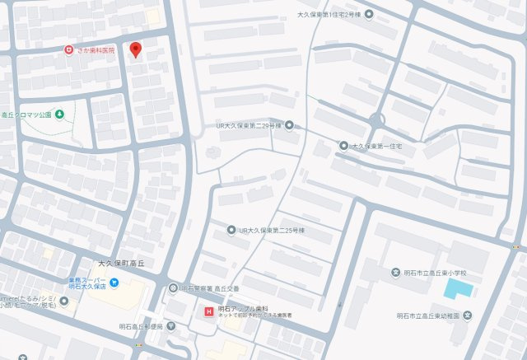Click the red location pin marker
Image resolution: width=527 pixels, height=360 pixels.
(x=137, y=49)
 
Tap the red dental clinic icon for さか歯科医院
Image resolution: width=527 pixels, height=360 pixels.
(x=71, y=50)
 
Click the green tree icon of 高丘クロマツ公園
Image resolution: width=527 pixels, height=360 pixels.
(x=59, y=114)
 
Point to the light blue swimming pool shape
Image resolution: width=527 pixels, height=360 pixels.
(x=458, y=289)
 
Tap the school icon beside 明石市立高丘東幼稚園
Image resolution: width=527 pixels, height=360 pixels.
(x=467, y=315)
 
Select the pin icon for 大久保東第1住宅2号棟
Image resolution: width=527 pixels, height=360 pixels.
(x=369, y=14)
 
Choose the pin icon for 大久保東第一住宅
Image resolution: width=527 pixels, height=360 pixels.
(x=343, y=145)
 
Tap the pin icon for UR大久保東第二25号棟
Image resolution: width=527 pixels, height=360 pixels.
(x=232, y=229)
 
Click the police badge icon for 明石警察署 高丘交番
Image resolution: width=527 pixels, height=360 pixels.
(x=173, y=288)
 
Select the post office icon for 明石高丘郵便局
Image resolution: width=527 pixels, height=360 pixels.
(x=170, y=325)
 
